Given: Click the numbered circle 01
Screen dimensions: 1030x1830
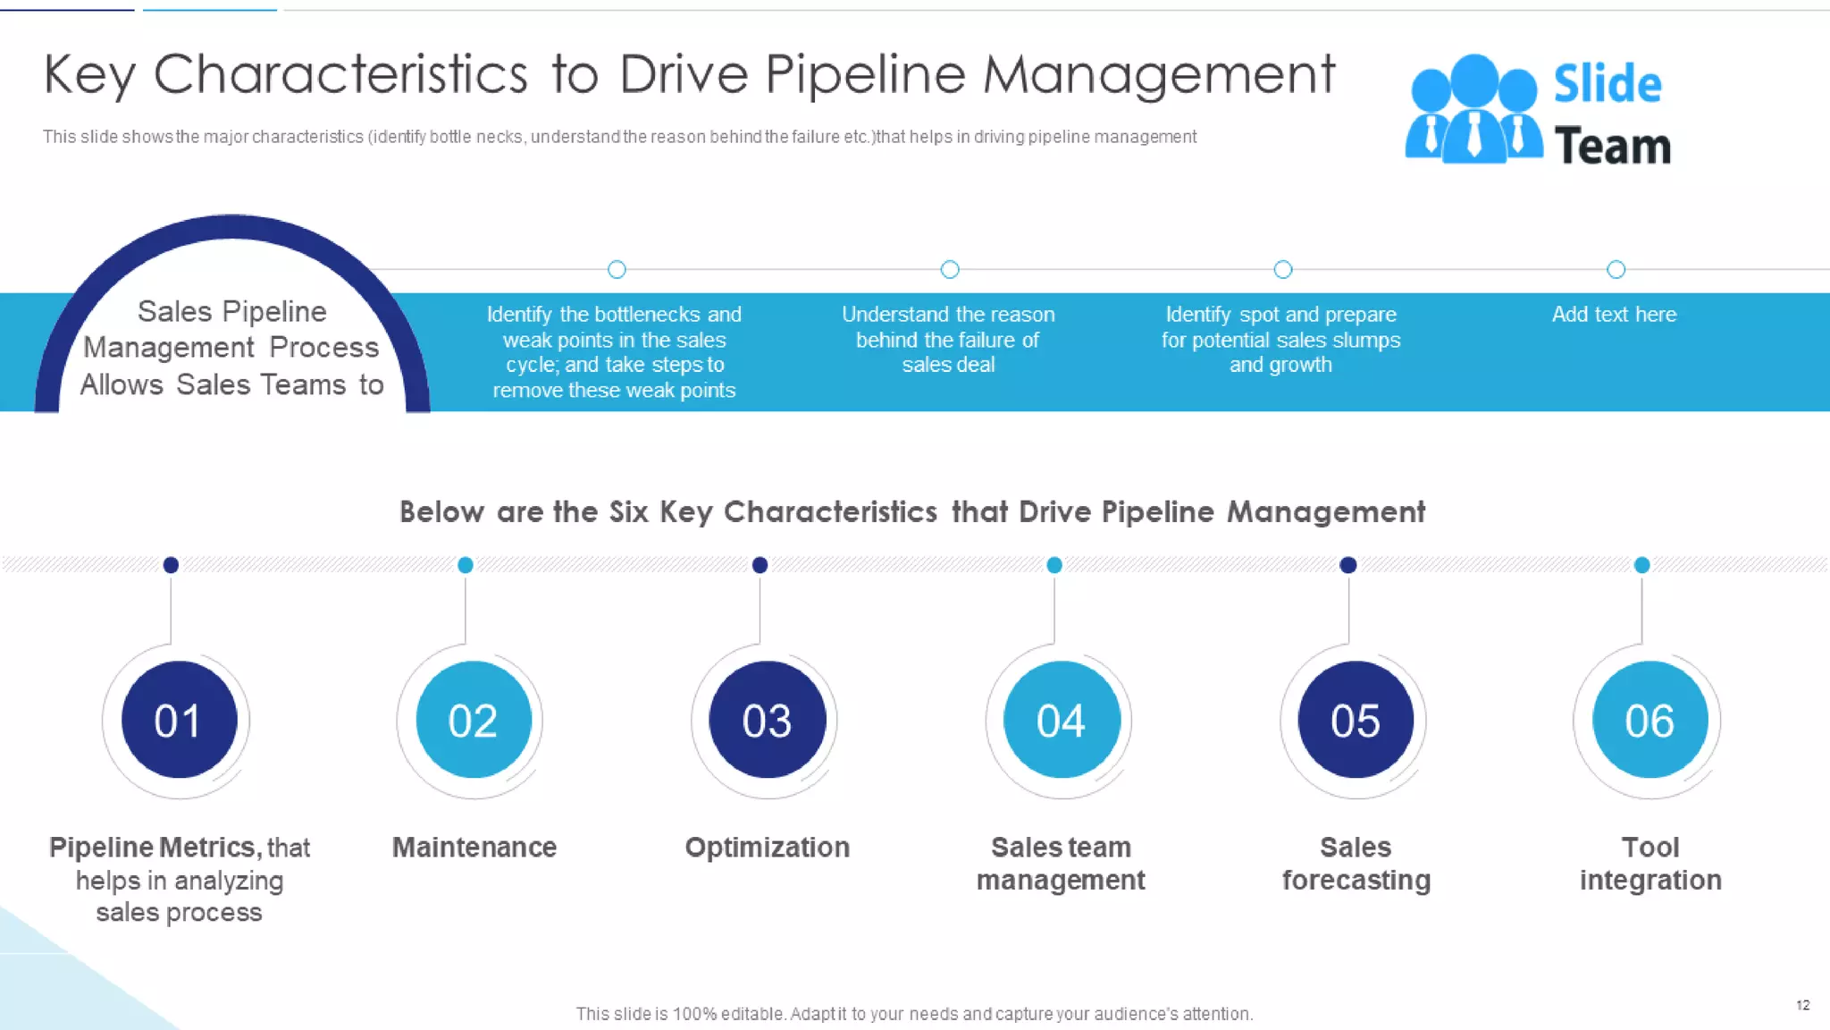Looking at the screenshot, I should click(x=179, y=720).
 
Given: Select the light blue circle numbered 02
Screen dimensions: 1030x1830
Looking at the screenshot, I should click(x=473, y=720).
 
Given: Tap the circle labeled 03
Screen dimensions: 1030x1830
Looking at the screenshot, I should click(x=767, y=720).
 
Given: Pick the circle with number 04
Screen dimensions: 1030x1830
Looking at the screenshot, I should click(x=1061, y=720).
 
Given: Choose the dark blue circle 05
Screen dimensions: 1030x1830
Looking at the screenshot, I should click(x=1355, y=720).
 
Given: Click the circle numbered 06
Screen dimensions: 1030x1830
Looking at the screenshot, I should click(x=1650, y=720).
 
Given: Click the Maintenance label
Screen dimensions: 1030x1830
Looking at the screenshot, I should click(x=474, y=847).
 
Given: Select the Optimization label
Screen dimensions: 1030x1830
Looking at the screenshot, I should click(x=767, y=847).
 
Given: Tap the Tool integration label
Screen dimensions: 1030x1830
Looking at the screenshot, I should click(x=1650, y=864).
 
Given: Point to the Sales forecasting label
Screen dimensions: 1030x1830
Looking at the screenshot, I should click(x=1356, y=864).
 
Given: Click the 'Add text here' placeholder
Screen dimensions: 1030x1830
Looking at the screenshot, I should click(x=1614, y=315).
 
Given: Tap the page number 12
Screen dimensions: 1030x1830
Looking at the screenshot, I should click(x=1802, y=1005).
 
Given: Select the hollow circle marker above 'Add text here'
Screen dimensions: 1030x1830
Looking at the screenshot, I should click(x=1616, y=269).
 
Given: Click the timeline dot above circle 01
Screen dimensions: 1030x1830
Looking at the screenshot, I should click(x=171, y=565).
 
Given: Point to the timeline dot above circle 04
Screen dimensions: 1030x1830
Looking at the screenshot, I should click(x=1054, y=565).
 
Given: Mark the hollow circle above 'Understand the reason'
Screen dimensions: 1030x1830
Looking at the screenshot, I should click(x=950, y=269).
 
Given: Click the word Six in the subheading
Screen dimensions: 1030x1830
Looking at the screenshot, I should click(x=628, y=512).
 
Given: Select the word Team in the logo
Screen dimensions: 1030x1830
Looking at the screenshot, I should click(x=1612, y=147).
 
